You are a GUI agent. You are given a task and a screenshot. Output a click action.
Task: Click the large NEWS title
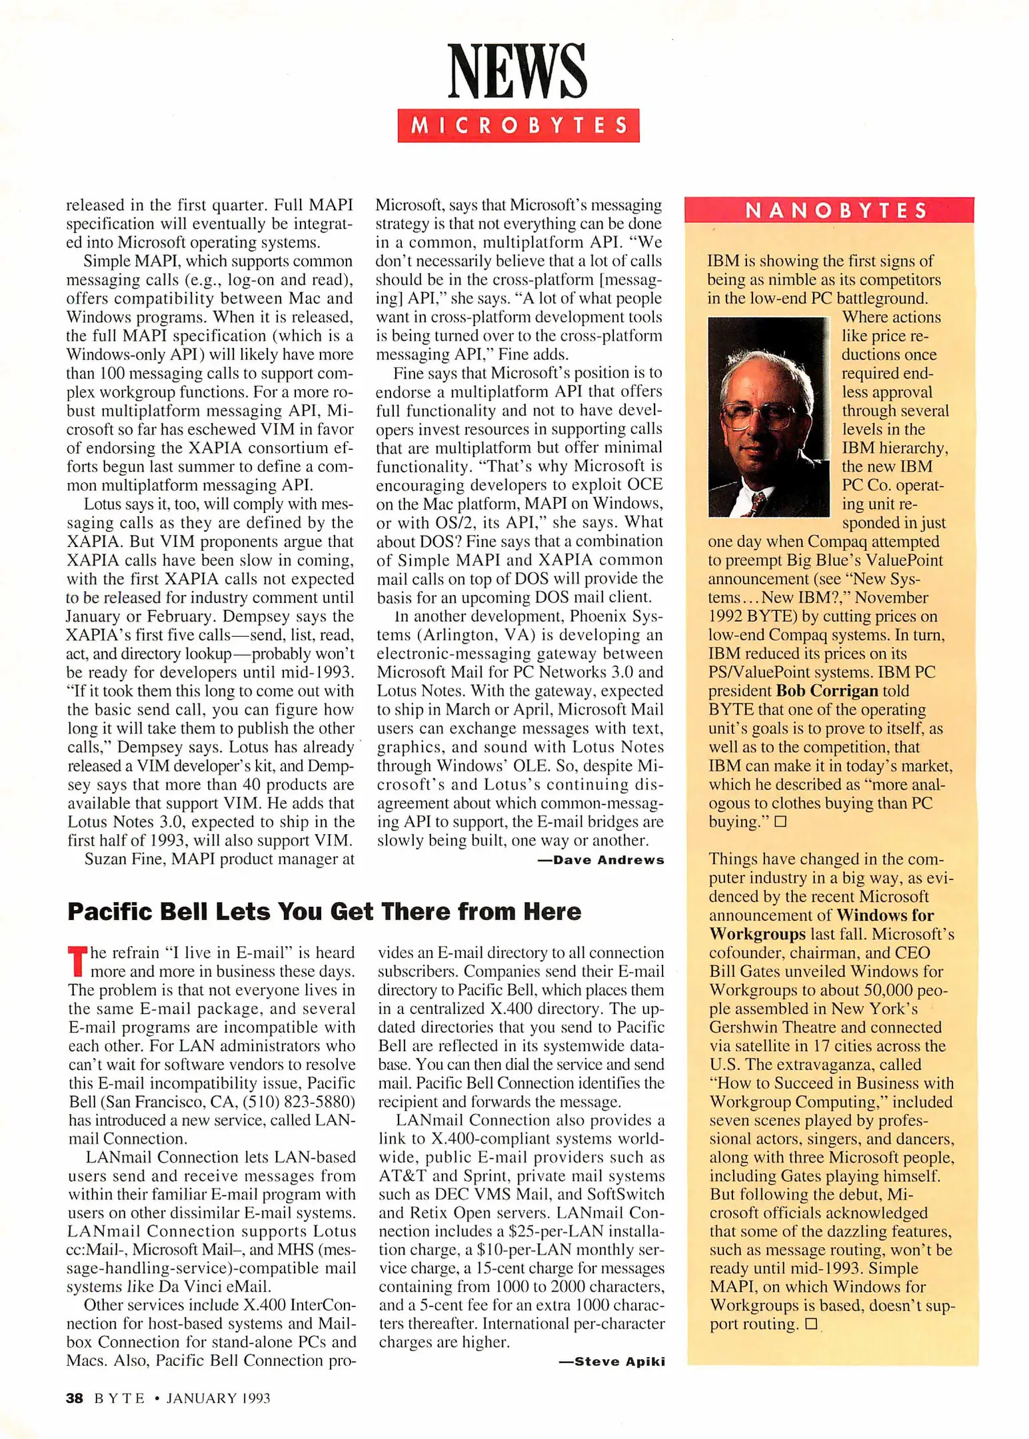pyautogui.click(x=517, y=71)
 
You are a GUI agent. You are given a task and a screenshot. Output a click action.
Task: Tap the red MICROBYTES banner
pyautogui.click(x=518, y=125)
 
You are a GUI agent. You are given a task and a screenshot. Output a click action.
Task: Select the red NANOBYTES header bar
pyautogui.click(x=828, y=211)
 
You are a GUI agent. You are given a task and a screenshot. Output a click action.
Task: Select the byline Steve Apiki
pyautogui.click(x=612, y=1362)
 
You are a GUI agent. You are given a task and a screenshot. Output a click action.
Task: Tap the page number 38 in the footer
pyautogui.click(x=75, y=1398)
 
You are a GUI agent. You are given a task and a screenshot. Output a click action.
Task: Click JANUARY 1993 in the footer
pyautogui.click(x=218, y=1398)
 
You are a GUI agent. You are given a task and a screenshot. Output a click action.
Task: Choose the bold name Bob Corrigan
pyautogui.click(x=828, y=691)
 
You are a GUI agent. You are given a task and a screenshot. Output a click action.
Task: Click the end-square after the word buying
pyautogui.click(x=780, y=821)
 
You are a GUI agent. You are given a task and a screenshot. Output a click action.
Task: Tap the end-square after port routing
pyautogui.click(x=810, y=1324)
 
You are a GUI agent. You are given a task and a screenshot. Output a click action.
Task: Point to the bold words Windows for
pyautogui.click(x=885, y=915)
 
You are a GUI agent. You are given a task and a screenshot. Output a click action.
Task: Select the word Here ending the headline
pyautogui.click(x=552, y=911)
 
